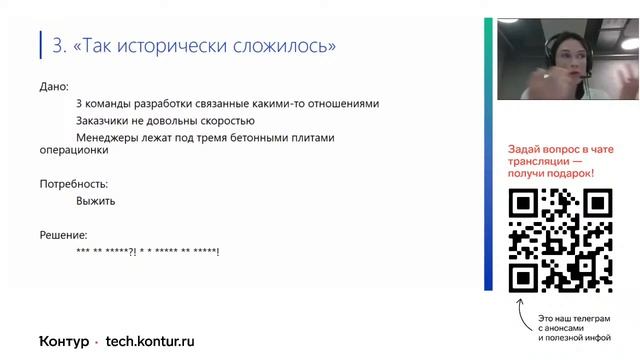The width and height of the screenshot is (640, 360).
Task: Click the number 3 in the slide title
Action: tap(57, 46)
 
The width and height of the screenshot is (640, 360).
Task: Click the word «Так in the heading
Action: tap(99, 46)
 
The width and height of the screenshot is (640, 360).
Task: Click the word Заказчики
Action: tap(107, 121)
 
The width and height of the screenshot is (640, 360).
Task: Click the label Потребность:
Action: tap(73, 184)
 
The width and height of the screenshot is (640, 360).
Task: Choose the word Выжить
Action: tap(95, 201)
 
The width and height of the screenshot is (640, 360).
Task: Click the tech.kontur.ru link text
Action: tap(150, 340)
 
